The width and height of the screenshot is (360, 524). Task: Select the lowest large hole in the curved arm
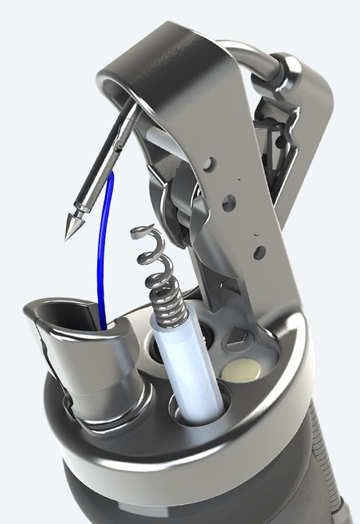pos(259,251)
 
